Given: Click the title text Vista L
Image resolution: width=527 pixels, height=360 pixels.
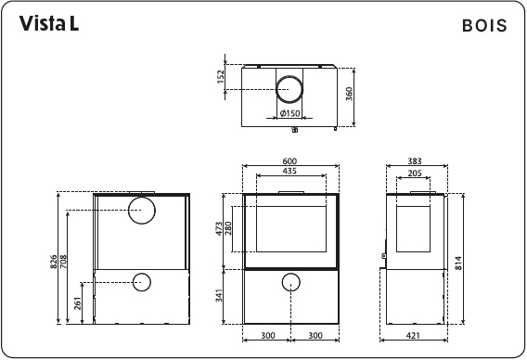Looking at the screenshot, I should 48,25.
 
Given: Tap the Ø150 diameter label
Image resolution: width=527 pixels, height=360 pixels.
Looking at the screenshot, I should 290,114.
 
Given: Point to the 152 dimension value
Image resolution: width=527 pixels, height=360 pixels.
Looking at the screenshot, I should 221,77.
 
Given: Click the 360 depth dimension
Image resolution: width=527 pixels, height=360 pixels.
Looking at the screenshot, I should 350,97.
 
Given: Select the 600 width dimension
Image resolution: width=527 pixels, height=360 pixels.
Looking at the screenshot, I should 289,161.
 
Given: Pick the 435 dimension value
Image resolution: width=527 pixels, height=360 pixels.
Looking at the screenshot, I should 289,173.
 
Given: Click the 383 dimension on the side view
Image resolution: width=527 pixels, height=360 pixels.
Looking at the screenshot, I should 416,161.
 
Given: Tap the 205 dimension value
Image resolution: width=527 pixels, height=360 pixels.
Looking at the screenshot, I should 415,173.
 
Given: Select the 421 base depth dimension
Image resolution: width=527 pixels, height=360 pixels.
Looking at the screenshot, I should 415,335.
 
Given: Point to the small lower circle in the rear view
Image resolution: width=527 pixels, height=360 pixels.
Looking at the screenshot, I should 142,281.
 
